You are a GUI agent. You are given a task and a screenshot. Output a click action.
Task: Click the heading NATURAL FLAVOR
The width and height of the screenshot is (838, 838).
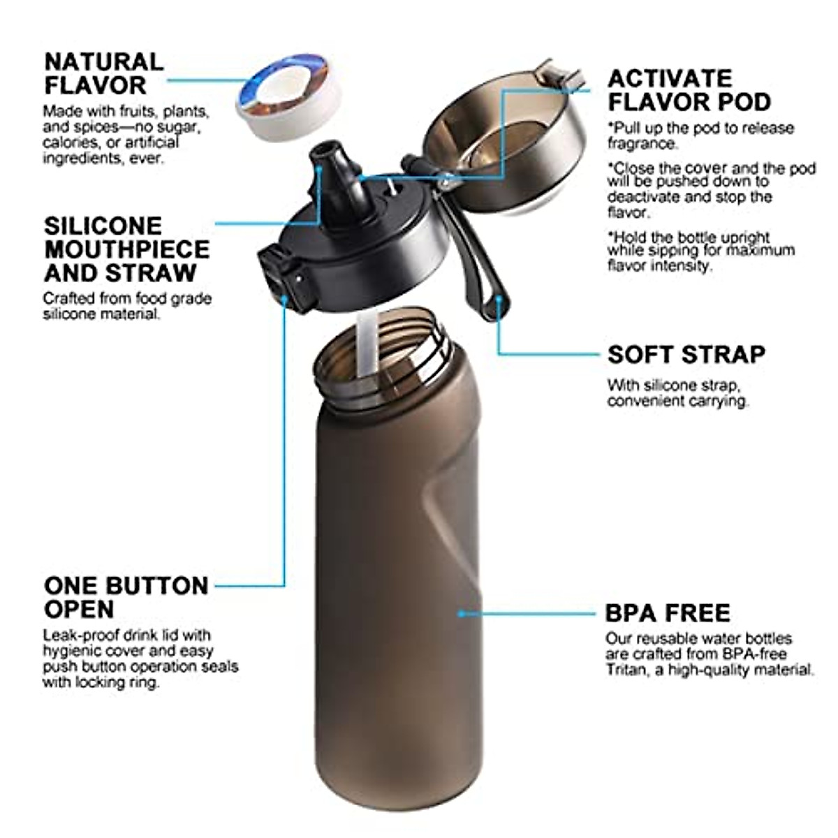pos(103,73)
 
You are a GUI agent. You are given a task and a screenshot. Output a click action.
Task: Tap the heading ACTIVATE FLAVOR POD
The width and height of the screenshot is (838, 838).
pos(689,90)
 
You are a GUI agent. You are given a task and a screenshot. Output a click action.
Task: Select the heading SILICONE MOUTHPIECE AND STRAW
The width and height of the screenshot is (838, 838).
pos(126,249)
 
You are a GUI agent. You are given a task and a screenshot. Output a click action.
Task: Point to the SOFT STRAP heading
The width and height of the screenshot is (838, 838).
pos(686,355)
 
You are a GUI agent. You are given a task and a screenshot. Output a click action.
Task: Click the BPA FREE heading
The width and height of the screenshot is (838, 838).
pos(667,613)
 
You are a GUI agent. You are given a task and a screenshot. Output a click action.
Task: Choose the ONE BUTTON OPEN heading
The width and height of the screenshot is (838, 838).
pos(126,597)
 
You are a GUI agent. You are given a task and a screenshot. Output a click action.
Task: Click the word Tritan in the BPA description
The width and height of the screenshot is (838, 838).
pos(625,670)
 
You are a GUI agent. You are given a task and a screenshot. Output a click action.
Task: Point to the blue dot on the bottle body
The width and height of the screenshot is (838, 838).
pos(461,613)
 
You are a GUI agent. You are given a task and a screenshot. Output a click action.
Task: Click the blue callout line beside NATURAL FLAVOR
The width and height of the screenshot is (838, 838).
pos(203,80)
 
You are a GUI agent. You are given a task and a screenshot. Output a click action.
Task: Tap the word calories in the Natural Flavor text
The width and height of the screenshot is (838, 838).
pos(67,143)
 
